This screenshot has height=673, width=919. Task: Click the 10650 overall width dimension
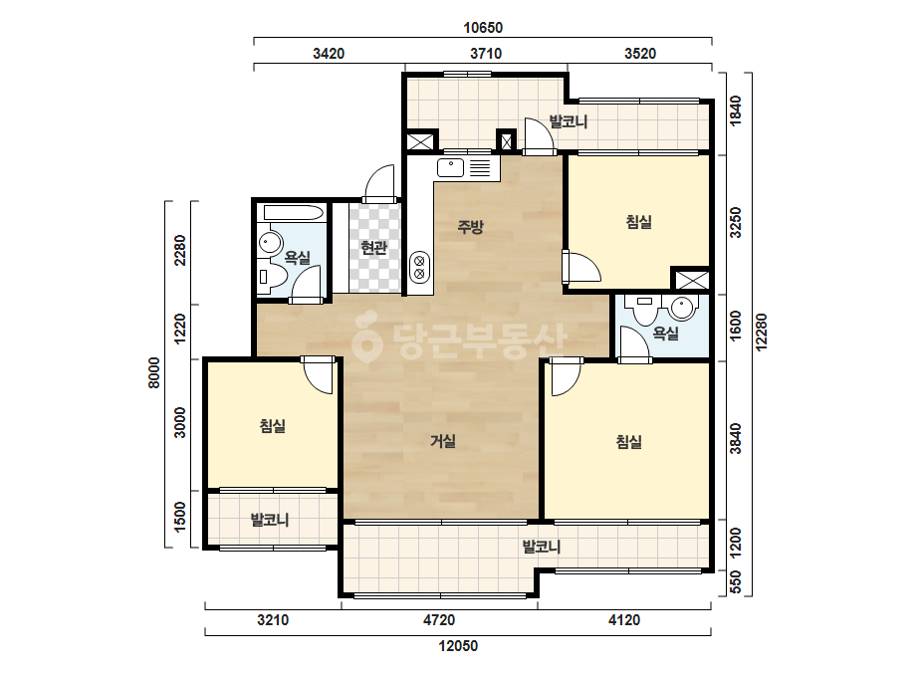(x=483, y=28)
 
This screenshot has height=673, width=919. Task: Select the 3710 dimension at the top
(x=486, y=54)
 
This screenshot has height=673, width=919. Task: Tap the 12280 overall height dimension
(x=761, y=333)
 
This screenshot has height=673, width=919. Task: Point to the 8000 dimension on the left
(x=153, y=373)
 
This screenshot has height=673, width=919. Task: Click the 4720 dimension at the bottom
(x=439, y=619)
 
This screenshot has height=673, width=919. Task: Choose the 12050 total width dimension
(x=458, y=645)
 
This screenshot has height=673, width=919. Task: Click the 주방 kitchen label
(x=470, y=226)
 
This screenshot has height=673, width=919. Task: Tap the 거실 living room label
(x=443, y=440)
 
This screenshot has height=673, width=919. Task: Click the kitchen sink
(x=451, y=167)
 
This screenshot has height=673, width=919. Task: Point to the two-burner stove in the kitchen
(x=419, y=267)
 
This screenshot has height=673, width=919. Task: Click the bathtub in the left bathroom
(x=294, y=213)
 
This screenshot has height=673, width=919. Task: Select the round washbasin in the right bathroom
(x=683, y=308)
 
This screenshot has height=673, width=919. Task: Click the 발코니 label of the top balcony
(x=568, y=121)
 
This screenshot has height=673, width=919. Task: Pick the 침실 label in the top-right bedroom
(x=639, y=222)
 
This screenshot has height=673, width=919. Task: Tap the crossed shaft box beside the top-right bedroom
(x=691, y=280)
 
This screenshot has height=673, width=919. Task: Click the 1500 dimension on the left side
(x=180, y=517)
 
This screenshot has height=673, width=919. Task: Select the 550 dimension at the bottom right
(x=736, y=582)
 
